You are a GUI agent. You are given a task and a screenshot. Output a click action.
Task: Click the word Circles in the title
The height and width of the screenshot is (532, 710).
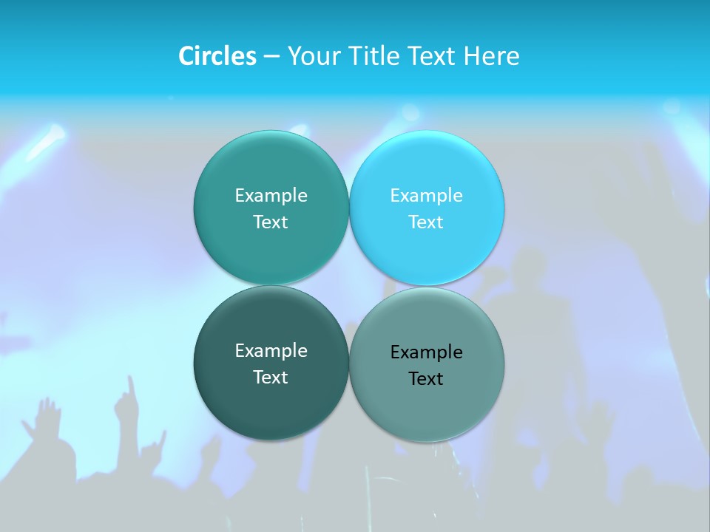217,56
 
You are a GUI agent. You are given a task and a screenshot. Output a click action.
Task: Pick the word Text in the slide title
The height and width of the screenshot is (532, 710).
432,56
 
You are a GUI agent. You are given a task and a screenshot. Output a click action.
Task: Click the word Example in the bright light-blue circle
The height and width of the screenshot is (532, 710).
426,196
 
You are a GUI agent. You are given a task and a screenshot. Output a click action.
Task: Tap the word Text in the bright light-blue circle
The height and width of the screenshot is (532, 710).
426,222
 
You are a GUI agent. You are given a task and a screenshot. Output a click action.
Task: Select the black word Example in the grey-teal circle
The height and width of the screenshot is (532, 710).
426,352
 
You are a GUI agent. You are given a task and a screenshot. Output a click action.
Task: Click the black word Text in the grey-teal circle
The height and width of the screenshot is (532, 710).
426,379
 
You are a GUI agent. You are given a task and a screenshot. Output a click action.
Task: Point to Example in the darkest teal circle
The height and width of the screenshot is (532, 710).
271,351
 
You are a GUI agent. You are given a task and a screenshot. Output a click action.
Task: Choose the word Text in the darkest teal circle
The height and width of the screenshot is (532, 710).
271,378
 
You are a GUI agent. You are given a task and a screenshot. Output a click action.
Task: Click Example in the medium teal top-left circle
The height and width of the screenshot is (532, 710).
271,196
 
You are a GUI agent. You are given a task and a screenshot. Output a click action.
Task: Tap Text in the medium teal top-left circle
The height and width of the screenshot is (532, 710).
271,222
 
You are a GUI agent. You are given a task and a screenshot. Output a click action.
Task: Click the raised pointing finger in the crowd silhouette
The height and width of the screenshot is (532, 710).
130,386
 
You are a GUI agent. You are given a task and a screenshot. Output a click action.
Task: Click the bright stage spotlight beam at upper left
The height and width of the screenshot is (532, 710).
49,140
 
